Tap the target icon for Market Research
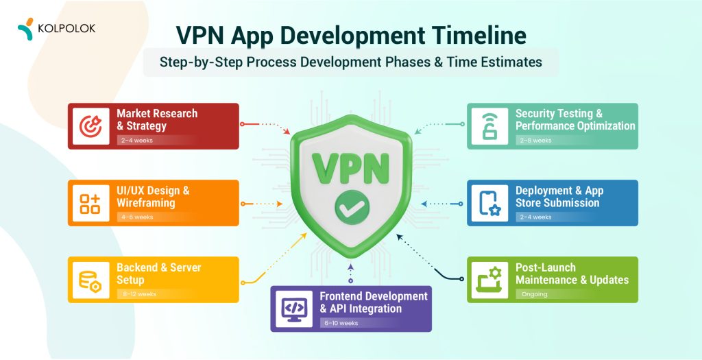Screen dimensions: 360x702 (90, 125)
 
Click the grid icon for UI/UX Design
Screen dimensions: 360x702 (90, 203)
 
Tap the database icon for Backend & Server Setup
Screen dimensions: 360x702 (90, 280)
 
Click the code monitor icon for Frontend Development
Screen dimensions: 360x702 (293, 309)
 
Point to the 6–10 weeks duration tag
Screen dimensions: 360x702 (339, 323)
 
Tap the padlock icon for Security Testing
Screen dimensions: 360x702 (489, 125)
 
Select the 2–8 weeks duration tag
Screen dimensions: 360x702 (535, 140)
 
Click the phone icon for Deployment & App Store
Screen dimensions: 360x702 (489, 203)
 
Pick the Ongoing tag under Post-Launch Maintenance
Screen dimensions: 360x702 (534, 293)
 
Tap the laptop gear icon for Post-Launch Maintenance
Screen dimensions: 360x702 (489, 280)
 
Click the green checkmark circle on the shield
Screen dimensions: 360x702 (352, 204)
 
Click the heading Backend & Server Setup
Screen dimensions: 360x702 (158, 273)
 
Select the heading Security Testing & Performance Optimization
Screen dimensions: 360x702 (574, 119)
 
